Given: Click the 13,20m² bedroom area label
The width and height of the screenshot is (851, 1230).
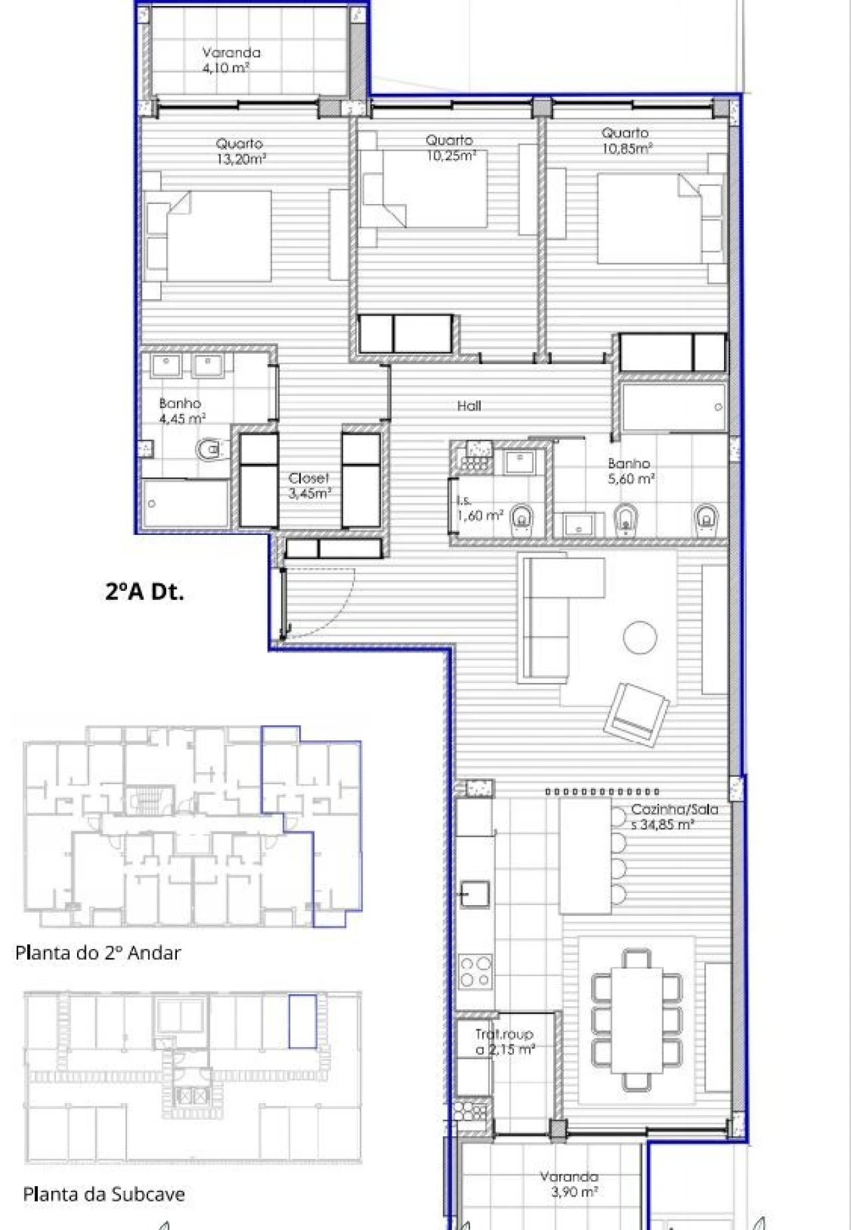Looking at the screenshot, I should pos(241,152).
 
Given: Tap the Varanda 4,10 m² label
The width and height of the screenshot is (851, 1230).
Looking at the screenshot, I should pos(230,60).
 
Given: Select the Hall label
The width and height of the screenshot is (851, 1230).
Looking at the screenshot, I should pos(469,406).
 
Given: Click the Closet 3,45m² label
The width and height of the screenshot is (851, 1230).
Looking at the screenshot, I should pos(309,486).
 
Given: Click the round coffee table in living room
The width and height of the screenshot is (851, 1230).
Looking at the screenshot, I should pos(640,637).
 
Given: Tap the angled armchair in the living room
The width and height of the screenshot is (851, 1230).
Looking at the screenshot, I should pos(636,714).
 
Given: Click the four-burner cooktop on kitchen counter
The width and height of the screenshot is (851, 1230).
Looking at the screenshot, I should pos(475,971).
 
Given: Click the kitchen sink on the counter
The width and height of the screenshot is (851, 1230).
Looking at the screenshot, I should pos(475,894).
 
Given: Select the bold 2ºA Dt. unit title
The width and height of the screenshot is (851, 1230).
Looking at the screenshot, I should pos(144,591).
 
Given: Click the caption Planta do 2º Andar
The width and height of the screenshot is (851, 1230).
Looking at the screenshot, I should pos(98,953).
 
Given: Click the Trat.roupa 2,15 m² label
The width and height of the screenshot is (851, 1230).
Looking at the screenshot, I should pos(504,1042).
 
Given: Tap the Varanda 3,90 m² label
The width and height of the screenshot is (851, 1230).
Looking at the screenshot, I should pos(570,1184).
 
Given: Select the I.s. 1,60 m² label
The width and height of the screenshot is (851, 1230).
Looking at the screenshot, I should pos(479,509).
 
